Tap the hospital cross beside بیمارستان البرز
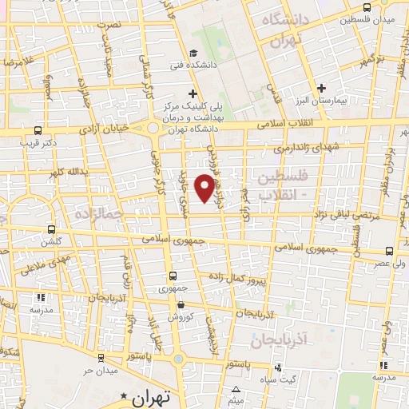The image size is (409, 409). [x=321, y=88]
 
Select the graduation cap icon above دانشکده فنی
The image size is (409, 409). [x=193, y=54]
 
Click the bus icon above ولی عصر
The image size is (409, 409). [x=388, y=252]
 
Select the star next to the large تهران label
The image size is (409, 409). [x=123, y=396]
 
